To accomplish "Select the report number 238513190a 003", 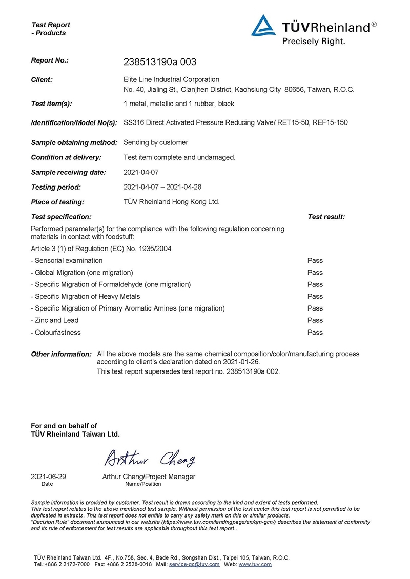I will (x=160, y=62).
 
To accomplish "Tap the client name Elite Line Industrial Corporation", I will (x=171, y=79).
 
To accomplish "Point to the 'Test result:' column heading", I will (x=326, y=217).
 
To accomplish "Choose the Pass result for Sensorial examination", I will (x=315, y=260).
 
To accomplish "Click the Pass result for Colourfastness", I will (x=315, y=332).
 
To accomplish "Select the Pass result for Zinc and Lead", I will (x=315, y=320).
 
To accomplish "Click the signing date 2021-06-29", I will (x=48, y=477).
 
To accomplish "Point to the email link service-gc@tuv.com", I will (x=194, y=564).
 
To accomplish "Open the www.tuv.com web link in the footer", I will (x=255, y=564).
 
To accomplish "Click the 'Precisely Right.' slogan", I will (x=314, y=41).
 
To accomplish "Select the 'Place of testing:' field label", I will (x=57, y=202).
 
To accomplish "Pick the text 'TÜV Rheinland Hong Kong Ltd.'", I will (x=171, y=202).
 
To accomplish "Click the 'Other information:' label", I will (x=61, y=354).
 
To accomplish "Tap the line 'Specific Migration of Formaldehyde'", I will (x=113, y=284).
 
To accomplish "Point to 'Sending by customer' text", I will (x=156, y=142).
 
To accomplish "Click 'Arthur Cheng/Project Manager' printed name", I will (x=149, y=477).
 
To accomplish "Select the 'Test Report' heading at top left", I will (x=51, y=25).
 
